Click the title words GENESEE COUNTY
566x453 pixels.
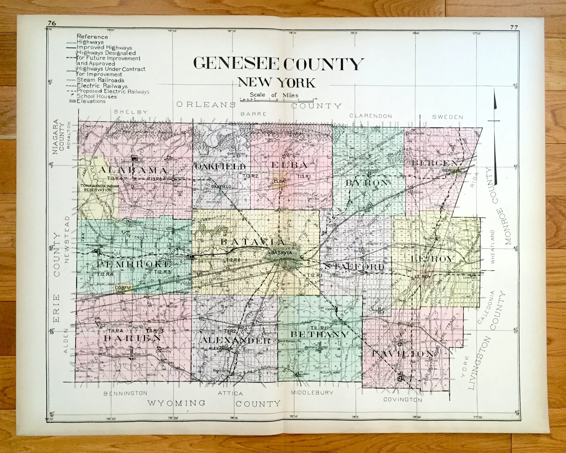pos(278,64)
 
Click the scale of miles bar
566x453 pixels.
pos(279,100)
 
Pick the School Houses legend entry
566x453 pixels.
pos(96,96)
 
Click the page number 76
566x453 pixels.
pos(52,23)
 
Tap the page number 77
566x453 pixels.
pos(514,27)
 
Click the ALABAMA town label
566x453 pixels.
pos(133,170)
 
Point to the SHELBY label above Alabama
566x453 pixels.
pos(131,112)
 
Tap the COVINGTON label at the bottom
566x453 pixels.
pos(403,400)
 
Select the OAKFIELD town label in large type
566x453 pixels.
pos(220,167)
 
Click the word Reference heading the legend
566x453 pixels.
pos(92,37)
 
